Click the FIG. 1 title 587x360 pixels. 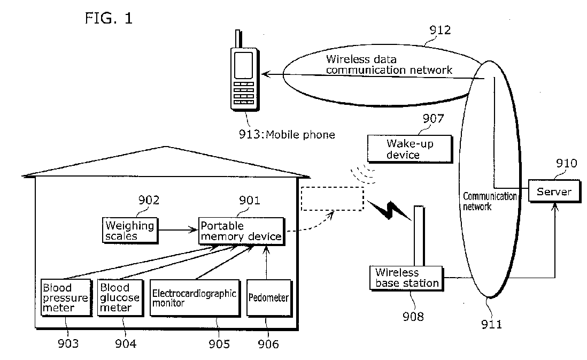pos(108,18)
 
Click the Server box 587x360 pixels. pos(554,192)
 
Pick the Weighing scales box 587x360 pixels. pos(129,231)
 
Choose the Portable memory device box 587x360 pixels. pos(240,231)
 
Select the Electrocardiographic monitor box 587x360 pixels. pos(194,297)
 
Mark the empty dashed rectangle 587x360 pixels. pos(332,198)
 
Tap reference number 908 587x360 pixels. pos(413,317)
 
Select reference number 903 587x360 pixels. pos(68,343)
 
